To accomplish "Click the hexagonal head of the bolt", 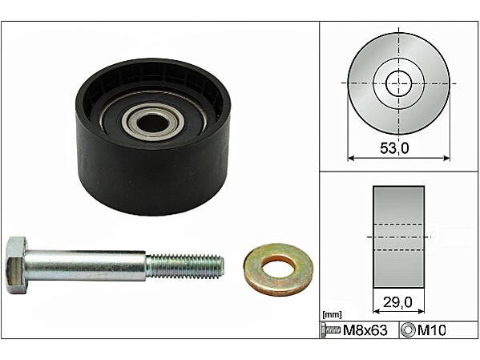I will click(x=17, y=265).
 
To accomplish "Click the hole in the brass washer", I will click(x=278, y=267).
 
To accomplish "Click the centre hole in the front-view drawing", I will click(x=398, y=83).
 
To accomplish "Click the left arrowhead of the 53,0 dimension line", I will click(x=350, y=158).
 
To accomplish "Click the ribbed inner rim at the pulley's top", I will click(x=152, y=72).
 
